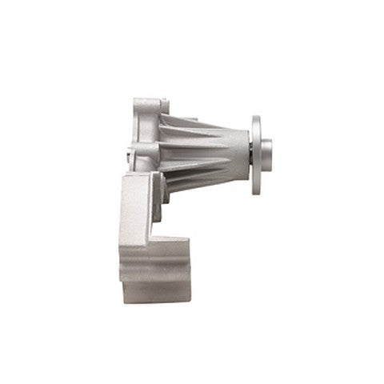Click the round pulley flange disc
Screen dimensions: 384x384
point(256,155)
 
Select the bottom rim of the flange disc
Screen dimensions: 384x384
point(256,191)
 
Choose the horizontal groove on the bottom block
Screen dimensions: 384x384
point(156,273)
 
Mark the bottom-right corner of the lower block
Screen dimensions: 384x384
point(190,302)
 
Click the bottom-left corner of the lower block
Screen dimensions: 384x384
point(122,301)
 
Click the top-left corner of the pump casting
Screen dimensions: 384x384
point(134,101)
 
